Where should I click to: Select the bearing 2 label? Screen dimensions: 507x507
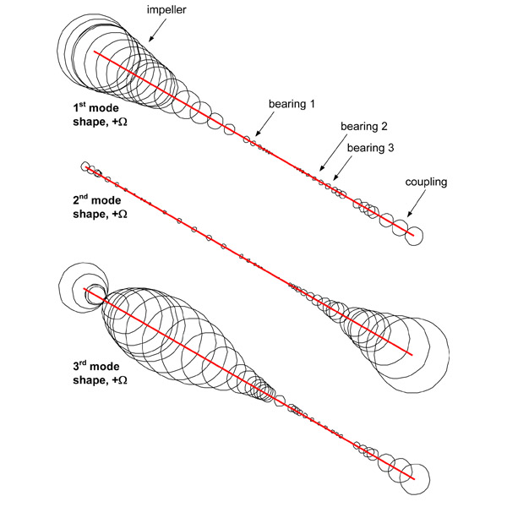pyautogui.click(x=364, y=127)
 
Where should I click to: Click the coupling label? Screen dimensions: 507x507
pyautogui.click(x=425, y=182)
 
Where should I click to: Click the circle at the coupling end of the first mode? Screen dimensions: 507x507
pyautogui.click(x=413, y=236)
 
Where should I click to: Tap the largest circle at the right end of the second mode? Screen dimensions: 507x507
pyautogui.click(x=412, y=353)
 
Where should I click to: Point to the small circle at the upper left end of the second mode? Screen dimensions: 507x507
pyautogui.click(x=84, y=166)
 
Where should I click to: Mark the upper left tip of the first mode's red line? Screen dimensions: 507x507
pyautogui.click(x=95, y=52)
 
